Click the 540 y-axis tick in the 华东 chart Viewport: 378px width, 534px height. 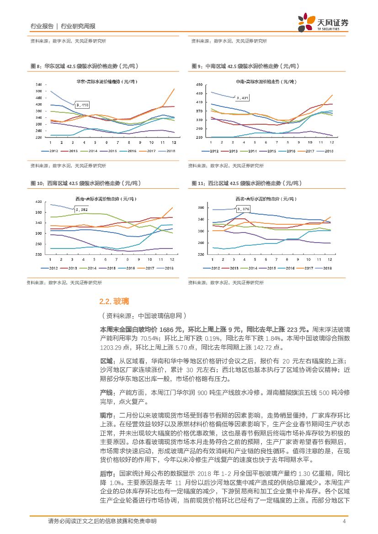(x=38, y=85)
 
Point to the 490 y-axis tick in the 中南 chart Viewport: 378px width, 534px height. (x=199, y=85)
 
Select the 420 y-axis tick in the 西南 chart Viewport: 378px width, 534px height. (x=38, y=201)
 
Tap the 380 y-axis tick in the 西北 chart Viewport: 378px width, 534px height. (x=199, y=207)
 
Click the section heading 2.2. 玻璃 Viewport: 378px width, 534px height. (x=114, y=301)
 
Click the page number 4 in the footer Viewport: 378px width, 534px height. (x=343, y=521)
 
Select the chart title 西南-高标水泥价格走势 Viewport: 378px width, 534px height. (x=106, y=199)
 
